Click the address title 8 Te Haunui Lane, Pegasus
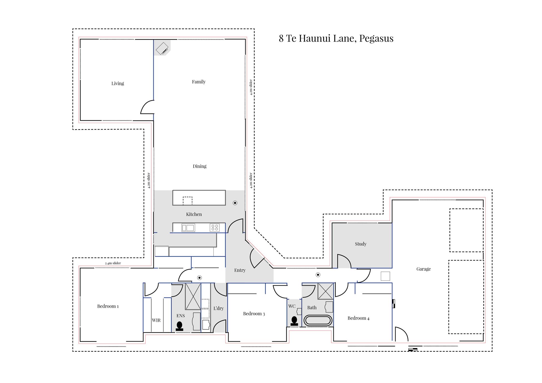[336, 38]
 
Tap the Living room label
[118, 84]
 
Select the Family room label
[199, 82]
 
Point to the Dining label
[200, 166]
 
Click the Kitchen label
[194, 214]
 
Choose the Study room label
[361, 244]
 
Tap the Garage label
[423, 269]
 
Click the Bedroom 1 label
[108, 306]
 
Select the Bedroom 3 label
[254, 314]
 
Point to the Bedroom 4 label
[359, 318]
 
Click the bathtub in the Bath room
[318, 321]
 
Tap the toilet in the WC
[294, 321]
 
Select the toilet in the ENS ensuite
[180, 326]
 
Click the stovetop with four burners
[215, 227]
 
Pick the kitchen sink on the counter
[188, 228]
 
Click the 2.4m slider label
[113, 263]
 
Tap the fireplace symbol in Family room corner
[162, 48]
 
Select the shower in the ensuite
[193, 296]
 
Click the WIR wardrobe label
[156, 320]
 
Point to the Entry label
[240, 270]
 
